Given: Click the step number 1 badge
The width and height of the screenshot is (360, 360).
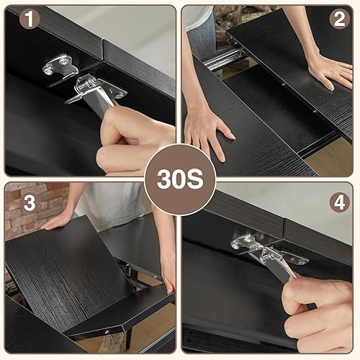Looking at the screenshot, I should [x=28, y=19].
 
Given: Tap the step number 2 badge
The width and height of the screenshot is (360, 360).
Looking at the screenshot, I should [x=339, y=19].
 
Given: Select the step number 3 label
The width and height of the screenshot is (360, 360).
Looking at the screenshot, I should [x=29, y=203].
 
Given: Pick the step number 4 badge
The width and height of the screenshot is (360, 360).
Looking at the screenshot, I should [x=339, y=202].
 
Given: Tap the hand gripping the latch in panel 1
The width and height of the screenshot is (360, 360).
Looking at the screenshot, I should [x=133, y=140].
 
